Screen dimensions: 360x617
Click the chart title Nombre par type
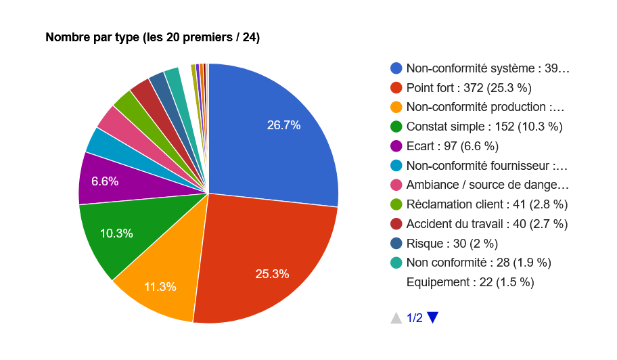[x=152, y=37]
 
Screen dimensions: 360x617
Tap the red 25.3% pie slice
[x=271, y=264]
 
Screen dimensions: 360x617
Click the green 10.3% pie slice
[x=115, y=233]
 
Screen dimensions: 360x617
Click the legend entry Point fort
[x=469, y=87]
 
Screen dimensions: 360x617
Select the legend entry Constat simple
[x=484, y=126]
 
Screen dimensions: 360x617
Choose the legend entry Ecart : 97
[x=452, y=145]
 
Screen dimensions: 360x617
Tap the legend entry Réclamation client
[x=486, y=204]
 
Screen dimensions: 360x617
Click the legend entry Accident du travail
[x=486, y=223]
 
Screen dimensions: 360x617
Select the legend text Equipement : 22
[x=470, y=282]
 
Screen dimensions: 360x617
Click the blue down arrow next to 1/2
[x=433, y=317]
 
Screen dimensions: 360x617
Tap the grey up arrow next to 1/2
[x=396, y=317]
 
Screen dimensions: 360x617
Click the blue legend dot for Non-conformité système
[x=396, y=68]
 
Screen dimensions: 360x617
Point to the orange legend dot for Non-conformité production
[x=396, y=107]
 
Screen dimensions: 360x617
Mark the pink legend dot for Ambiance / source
[x=396, y=185]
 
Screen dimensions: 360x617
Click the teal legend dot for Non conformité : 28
[x=396, y=263]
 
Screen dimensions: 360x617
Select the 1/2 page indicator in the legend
[x=415, y=318]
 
